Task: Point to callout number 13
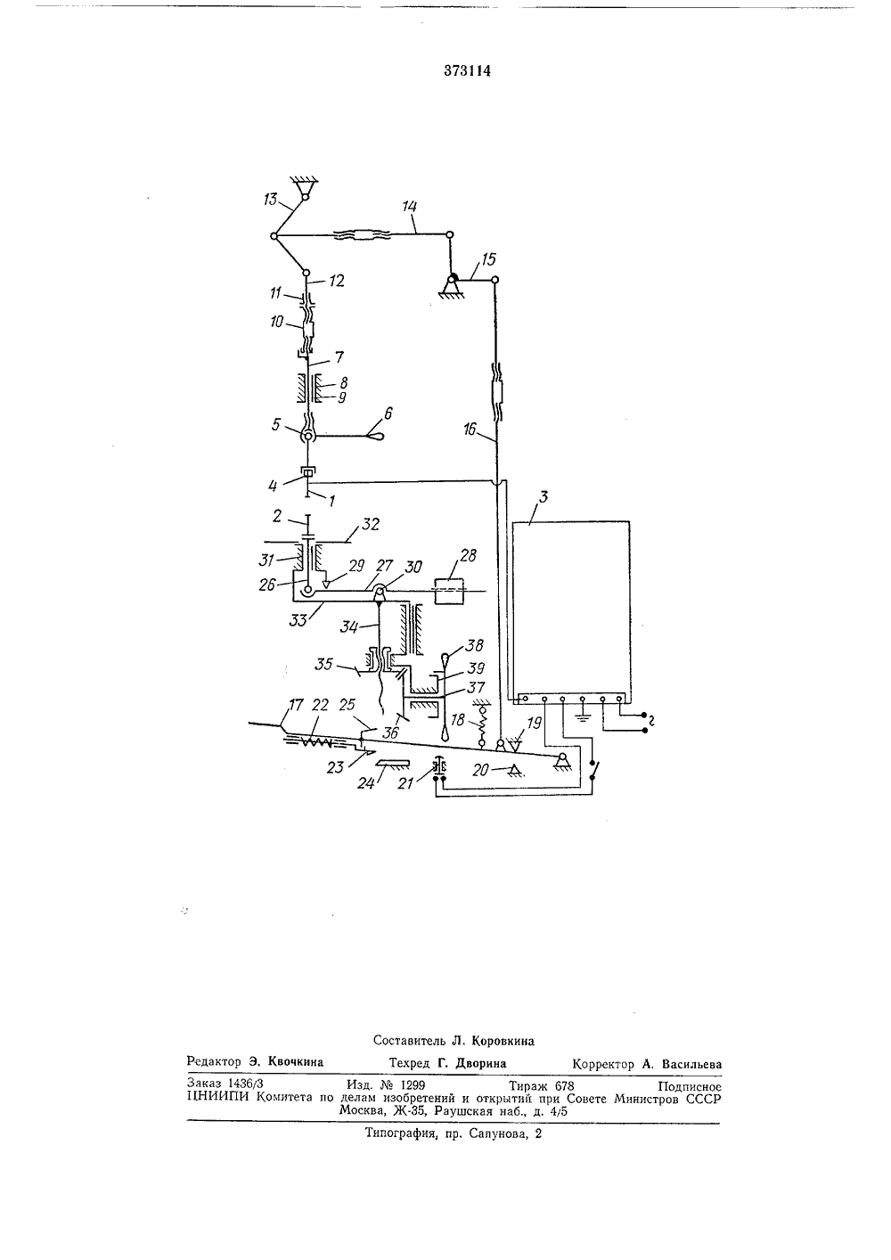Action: click(271, 199)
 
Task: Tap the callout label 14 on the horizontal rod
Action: click(410, 207)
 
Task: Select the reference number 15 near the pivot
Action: click(489, 259)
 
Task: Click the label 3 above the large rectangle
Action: click(544, 496)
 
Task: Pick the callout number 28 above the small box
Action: click(468, 556)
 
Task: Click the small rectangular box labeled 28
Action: click(448, 591)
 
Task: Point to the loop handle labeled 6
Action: click(376, 435)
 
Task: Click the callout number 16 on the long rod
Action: click(470, 430)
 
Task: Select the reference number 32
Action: click(371, 524)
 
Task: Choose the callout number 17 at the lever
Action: click(297, 705)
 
